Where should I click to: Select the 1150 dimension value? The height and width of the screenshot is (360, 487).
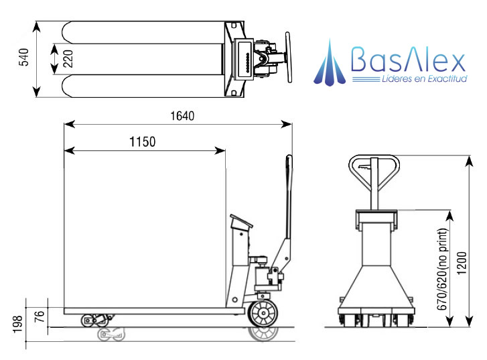coord(141,141)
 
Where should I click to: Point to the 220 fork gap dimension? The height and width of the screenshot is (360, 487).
coord(68,59)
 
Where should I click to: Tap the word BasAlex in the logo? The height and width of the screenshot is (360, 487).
coord(407,62)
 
